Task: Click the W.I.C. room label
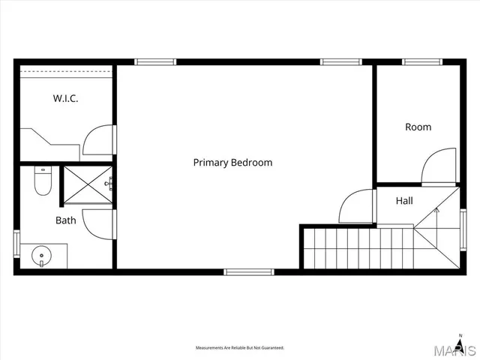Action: (x=65, y=98)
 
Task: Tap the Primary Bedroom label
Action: (x=232, y=162)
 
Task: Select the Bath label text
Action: (x=65, y=220)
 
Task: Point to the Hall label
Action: (x=404, y=201)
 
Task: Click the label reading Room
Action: (x=418, y=127)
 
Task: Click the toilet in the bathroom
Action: (x=43, y=181)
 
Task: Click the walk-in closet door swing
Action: (x=98, y=140)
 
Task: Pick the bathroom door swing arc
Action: (x=98, y=223)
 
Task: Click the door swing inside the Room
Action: (x=439, y=166)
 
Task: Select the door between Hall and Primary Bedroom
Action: (x=357, y=206)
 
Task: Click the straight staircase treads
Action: (x=358, y=248)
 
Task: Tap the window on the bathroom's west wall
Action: (x=16, y=244)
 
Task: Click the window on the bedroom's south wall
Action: (x=249, y=271)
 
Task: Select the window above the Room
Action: (x=422, y=62)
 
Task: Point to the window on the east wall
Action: (x=463, y=229)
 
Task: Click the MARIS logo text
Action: (x=458, y=350)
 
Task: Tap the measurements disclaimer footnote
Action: (x=240, y=348)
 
